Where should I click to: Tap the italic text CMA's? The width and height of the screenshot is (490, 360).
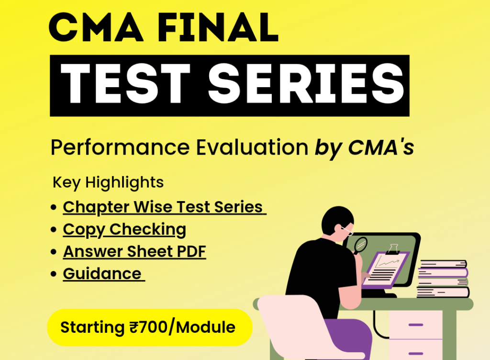click(381, 148)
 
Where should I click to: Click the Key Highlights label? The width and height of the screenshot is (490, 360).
click(108, 182)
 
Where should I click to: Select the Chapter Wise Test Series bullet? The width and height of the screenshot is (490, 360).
click(164, 207)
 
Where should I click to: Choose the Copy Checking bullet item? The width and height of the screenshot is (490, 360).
click(124, 230)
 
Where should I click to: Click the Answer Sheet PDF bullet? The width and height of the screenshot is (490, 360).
click(134, 252)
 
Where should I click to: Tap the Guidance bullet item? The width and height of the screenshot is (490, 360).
click(102, 274)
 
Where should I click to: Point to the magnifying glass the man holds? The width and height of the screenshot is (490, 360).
click(359, 245)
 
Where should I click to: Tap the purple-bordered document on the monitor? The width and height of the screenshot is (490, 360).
click(385, 268)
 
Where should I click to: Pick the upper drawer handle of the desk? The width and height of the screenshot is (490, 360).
click(416, 325)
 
